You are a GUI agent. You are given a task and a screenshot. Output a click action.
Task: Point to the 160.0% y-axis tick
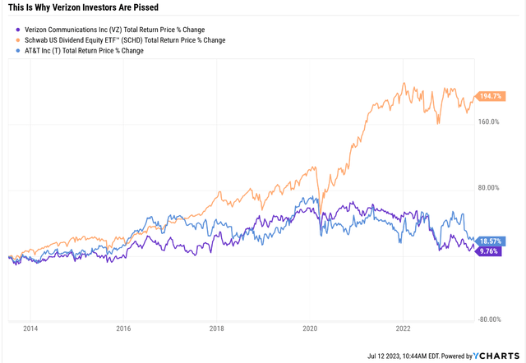(491, 122)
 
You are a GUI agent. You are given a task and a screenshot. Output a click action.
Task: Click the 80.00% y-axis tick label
(491, 188)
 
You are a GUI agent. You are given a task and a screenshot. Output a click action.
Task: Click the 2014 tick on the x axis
(30, 329)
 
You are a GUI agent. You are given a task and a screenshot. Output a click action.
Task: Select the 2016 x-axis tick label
(123, 329)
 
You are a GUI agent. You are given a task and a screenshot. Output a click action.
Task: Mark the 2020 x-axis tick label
(310, 329)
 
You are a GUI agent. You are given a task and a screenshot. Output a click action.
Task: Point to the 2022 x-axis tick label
(403, 329)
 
